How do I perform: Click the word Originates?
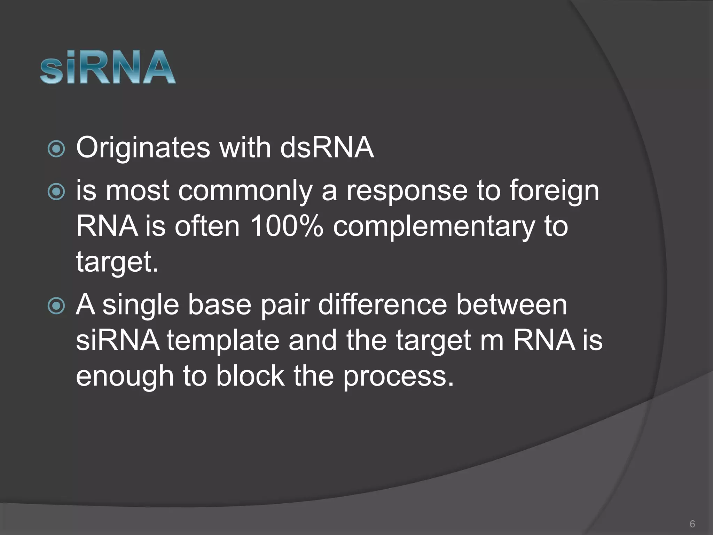click(143, 148)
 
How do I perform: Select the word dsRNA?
click(327, 148)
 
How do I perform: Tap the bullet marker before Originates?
click(56, 149)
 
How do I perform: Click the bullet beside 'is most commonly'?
click(56, 192)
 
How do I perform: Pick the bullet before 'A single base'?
click(56, 306)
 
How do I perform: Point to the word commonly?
click(245, 192)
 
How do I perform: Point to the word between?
click(511, 305)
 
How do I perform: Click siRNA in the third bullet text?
click(117, 340)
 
